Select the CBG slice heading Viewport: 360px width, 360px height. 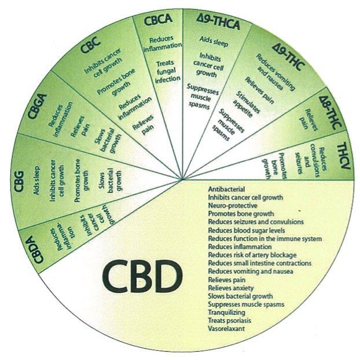coord(19,181)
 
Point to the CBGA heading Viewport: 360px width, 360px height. coord(38,106)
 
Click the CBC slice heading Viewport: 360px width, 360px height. coord(91,45)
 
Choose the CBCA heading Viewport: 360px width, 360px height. coord(158,19)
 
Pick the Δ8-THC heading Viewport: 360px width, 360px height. coord(330,112)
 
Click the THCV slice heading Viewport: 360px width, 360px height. coord(344,156)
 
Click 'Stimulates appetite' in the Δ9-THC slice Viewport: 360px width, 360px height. coord(247,104)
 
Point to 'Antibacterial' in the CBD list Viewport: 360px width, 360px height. coord(226,189)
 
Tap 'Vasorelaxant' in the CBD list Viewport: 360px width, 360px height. coord(226,329)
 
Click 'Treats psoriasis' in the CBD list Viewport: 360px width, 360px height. coord(229,321)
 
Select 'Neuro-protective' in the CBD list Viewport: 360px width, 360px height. coord(233,205)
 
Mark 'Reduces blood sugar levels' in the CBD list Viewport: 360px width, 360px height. coord(247,230)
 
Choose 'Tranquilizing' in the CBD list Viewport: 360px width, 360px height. coord(227,313)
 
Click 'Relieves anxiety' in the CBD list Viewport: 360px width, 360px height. coord(231,288)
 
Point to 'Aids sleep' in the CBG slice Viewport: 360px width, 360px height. coord(36,181)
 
